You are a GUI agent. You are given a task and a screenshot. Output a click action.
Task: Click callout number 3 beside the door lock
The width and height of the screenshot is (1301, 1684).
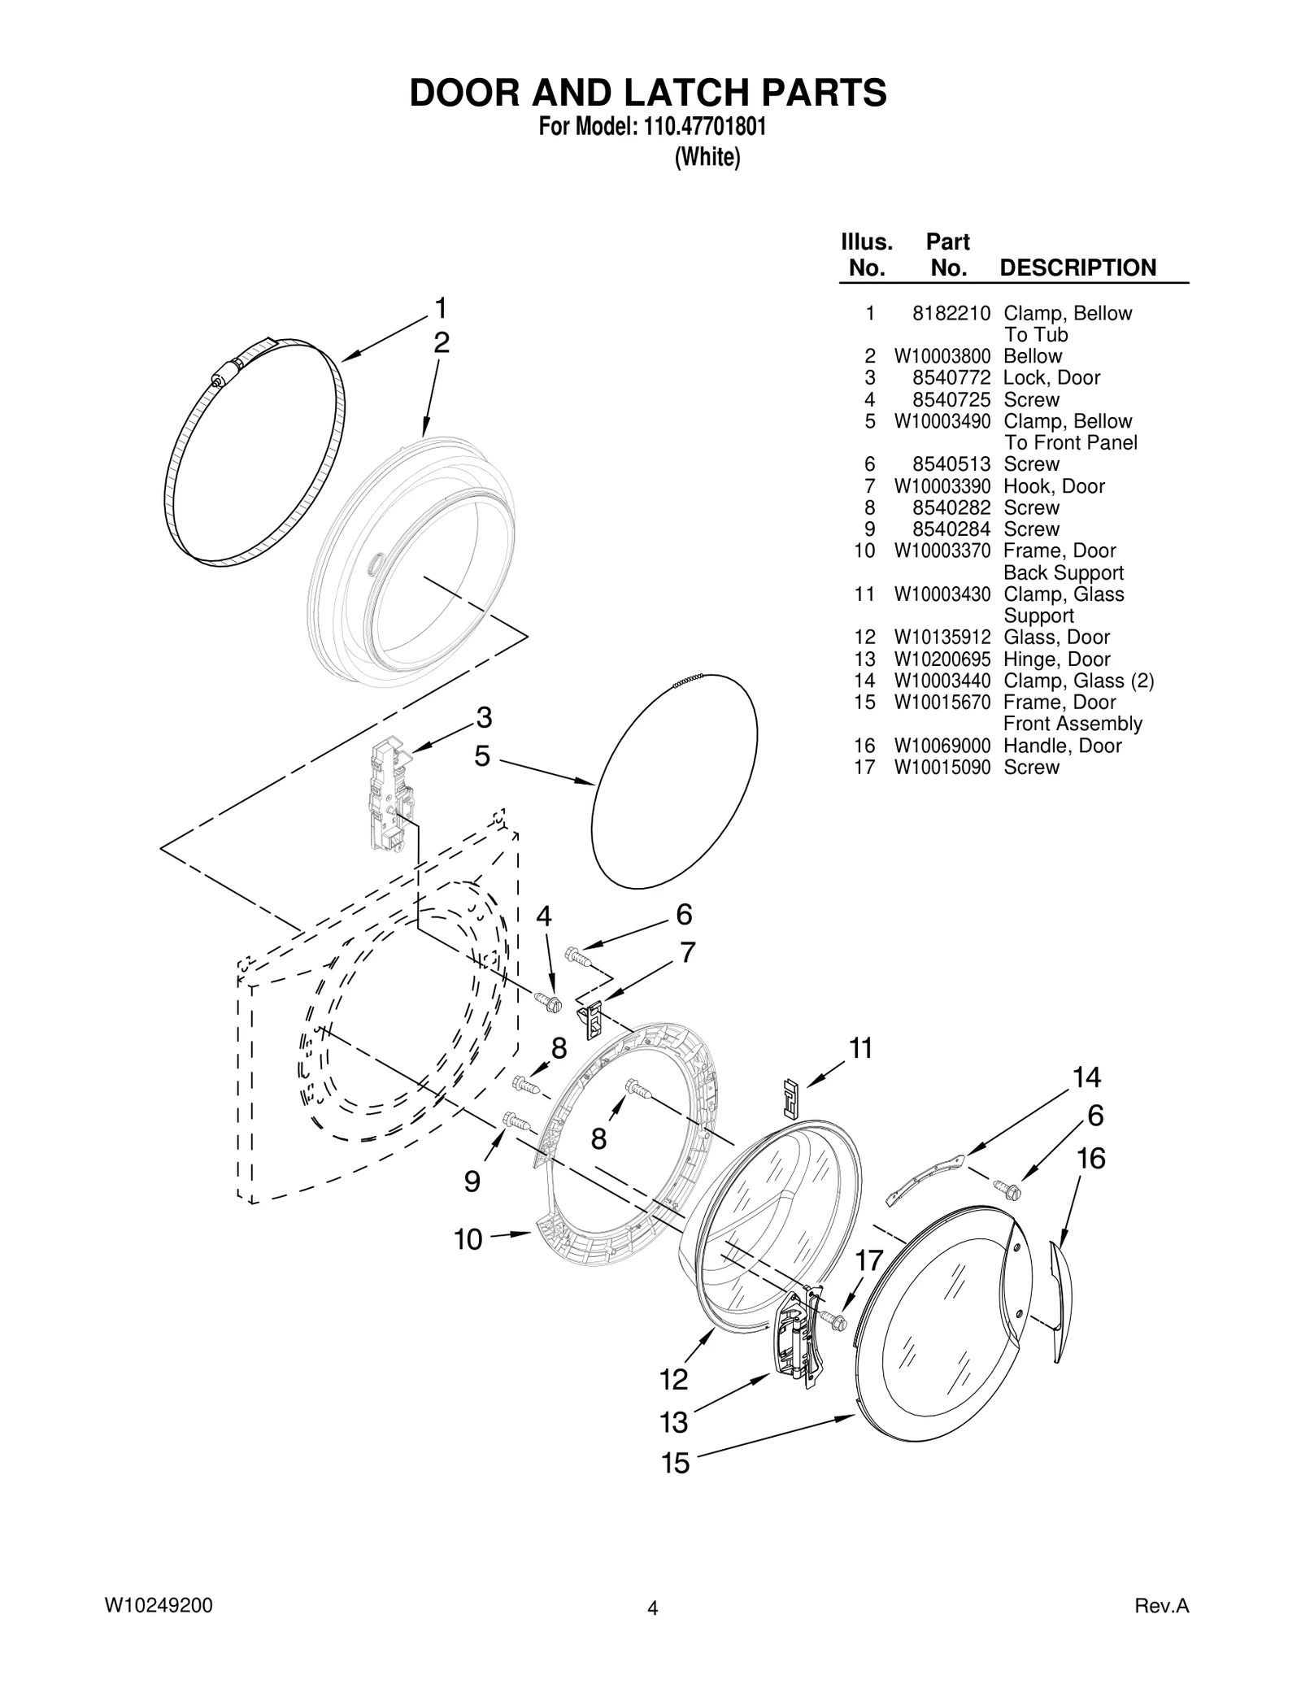tap(484, 718)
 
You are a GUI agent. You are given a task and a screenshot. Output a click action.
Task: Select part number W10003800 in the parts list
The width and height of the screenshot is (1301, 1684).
tap(942, 356)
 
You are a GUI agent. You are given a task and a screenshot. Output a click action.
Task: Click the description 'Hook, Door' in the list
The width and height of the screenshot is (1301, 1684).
tap(1054, 486)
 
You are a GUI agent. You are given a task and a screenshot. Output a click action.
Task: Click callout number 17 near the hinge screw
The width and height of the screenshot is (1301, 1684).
tap(869, 1261)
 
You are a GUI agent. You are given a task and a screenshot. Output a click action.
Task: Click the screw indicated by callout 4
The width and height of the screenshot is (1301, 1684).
tap(549, 1002)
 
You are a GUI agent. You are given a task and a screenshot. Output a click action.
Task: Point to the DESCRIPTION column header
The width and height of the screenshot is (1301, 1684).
tap(1077, 268)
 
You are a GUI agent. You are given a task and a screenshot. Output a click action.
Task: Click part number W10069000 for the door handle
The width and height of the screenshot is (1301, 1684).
tap(942, 746)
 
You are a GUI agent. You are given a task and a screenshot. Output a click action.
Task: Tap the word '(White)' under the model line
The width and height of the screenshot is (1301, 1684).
tap(707, 157)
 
